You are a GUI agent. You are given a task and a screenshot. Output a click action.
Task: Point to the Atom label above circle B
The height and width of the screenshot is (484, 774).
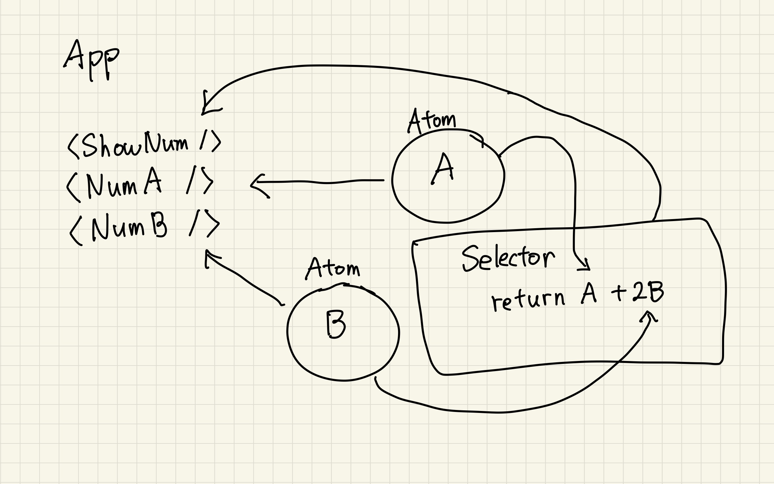coord(333,268)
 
